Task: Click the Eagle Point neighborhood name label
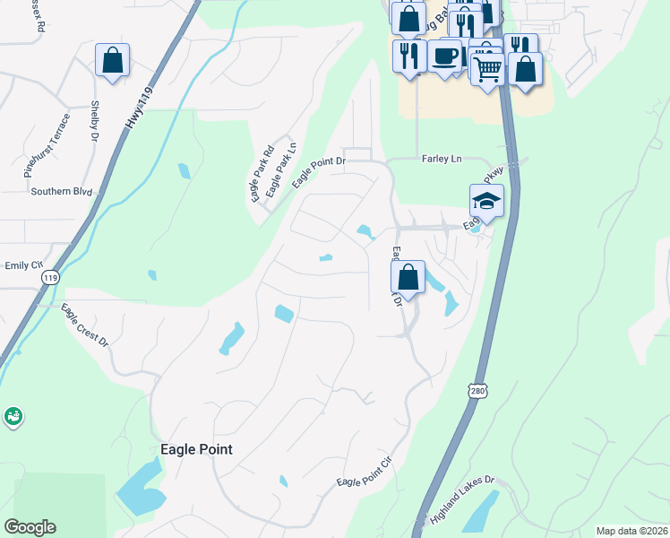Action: point(195,449)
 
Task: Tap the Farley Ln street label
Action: point(441,159)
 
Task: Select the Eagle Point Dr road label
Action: point(316,173)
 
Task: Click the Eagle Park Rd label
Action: point(262,172)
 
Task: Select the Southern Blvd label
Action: point(62,191)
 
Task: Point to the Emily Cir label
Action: point(24,265)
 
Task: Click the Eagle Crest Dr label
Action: point(84,326)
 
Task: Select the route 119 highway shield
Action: point(49,278)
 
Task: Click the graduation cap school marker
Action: point(486,201)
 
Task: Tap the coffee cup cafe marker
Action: point(444,56)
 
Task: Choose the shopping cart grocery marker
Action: point(487,68)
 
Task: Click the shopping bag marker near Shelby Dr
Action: point(113,61)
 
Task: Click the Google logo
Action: point(30,527)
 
